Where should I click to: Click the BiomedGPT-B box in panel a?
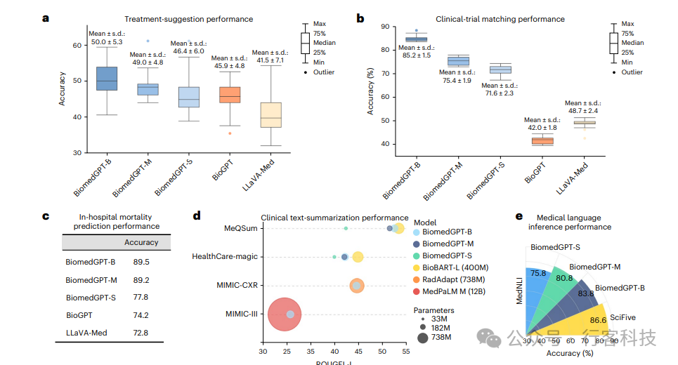[x=106, y=78]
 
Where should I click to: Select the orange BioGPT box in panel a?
[x=230, y=95]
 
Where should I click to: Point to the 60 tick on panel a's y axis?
[x=77, y=45]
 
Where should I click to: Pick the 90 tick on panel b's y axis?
[x=384, y=27]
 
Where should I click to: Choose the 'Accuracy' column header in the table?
[x=141, y=243]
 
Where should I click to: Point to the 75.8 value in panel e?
[x=540, y=274]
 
